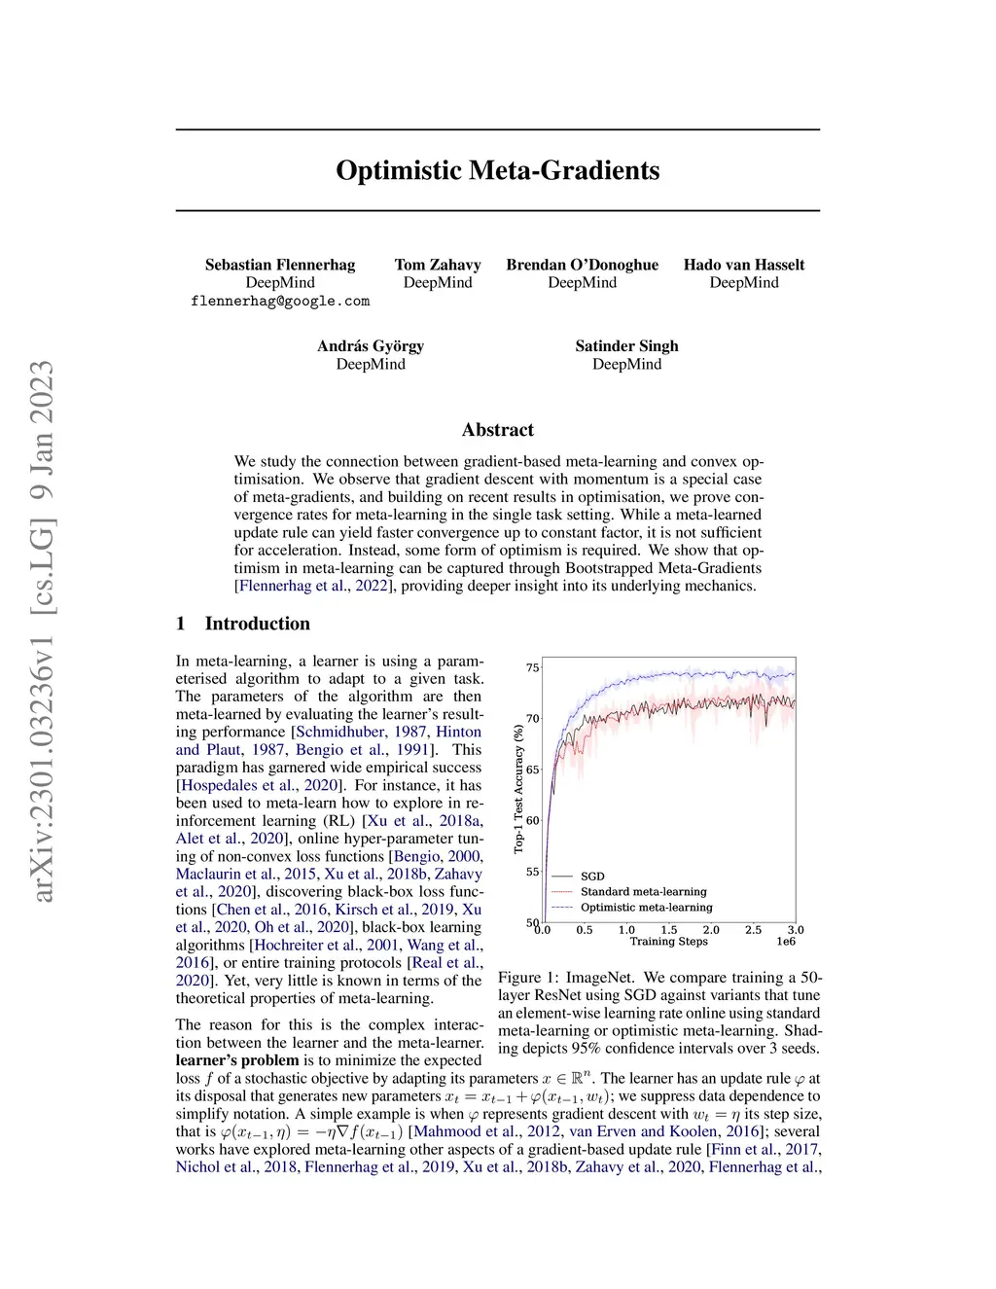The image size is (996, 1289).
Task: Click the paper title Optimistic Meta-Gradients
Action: click(497, 170)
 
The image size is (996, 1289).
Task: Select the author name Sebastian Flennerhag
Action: click(280, 265)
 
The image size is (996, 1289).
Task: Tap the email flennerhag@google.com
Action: click(280, 302)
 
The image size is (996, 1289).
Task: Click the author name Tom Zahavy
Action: click(438, 265)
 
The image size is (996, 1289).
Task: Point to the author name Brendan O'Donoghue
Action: click(582, 265)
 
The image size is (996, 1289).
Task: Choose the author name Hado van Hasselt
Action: click(744, 265)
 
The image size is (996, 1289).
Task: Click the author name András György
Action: click(371, 345)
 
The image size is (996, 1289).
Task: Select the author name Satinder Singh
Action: click(626, 345)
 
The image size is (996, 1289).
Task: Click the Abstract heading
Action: click(497, 430)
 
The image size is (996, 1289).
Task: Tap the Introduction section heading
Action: click(257, 624)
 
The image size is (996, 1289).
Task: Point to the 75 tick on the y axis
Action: click(532, 667)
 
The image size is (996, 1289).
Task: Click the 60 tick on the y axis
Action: click(532, 820)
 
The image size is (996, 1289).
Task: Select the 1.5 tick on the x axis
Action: click(669, 930)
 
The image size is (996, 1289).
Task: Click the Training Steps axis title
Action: click(668, 942)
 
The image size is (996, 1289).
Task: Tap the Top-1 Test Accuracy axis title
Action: click(518, 789)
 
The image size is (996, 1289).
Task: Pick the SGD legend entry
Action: click(591, 877)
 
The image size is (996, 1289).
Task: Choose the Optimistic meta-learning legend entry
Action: click(646, 908)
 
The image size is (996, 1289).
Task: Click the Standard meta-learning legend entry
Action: click(643, 892)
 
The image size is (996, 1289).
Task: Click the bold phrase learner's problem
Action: click(237, 1060)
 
